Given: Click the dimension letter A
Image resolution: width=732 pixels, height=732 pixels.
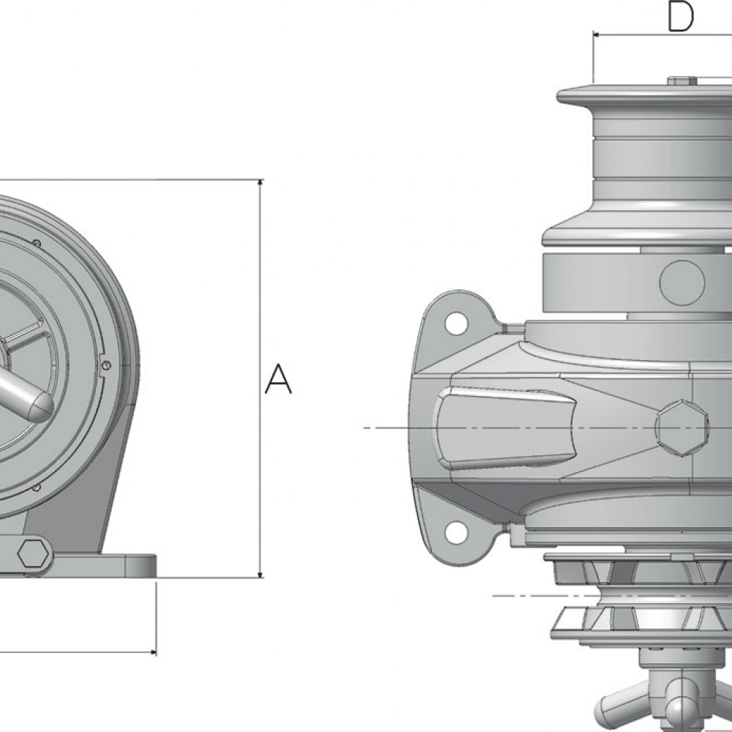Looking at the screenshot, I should pos(278,378).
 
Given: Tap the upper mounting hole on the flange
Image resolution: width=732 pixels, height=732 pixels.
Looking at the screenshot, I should pos(455,321).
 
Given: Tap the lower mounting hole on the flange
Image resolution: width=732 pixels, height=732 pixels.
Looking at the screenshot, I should pos(455,529).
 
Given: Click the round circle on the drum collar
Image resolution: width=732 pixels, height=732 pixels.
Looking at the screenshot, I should pos(681,281).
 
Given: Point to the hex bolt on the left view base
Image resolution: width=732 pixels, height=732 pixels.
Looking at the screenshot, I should pos(32,554).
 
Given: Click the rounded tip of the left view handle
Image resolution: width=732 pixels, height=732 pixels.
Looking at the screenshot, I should pos(40,401).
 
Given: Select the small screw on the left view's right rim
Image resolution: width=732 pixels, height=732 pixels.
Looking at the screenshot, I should pos(108,365).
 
